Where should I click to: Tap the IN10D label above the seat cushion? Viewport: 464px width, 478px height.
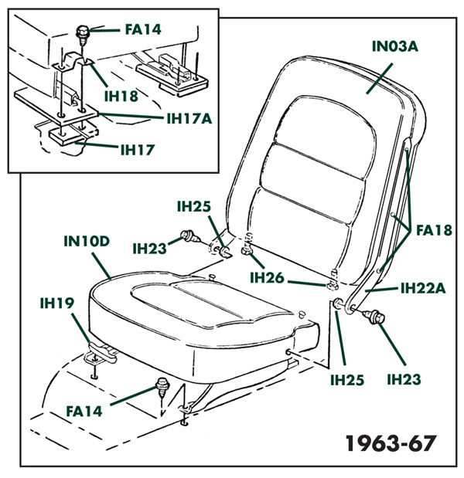[87, 240]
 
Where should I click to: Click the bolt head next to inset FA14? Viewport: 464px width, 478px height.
[82, 32]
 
